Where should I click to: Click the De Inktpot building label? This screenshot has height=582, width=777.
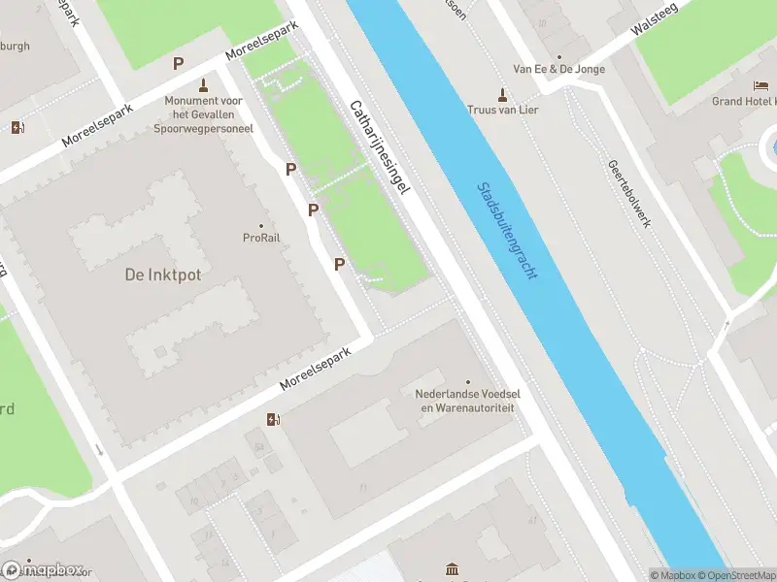[x=163, y=275]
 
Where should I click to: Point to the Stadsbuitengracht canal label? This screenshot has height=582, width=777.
[x=507, y=231]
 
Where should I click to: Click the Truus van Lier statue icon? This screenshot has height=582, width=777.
[x=502, y=94]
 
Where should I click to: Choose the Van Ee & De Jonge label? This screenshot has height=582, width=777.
[x=558, y=70]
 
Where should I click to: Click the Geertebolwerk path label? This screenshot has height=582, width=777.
[x=629, y=194]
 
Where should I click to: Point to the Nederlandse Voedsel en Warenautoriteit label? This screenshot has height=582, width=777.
[x=465, y=402]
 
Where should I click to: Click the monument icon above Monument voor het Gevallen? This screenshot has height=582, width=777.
[x=203, y=85]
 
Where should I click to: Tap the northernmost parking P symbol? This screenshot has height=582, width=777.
[x=178, y=63]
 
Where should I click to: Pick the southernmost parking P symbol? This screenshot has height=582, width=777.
[x=339, y=264]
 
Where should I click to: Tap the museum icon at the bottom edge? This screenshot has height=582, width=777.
[x=451, y=569]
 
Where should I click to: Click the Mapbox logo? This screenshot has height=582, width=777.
[x=44, y=569]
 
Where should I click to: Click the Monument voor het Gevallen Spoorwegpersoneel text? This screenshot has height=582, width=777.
[x=203, y=113]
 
